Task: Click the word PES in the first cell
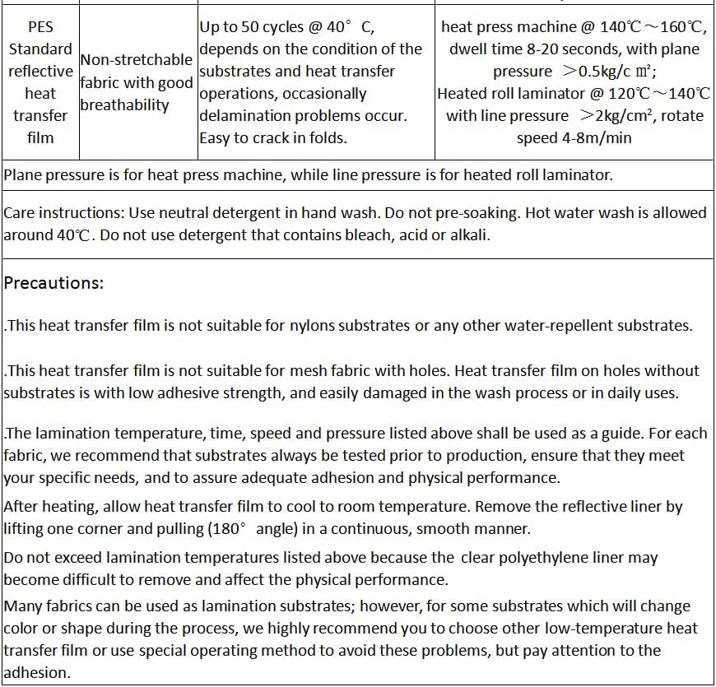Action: tap(40, 27)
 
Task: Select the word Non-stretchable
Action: tap(136, 60)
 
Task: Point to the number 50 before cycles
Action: tap(249, 27)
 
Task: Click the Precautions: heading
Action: tap(54, 283)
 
